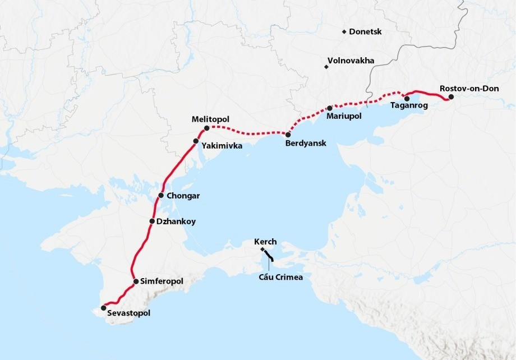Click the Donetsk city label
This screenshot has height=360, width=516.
pyautogui.click(x=365, y=32)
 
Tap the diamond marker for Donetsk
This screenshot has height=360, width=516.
pyautogui.click(x=344, y=32)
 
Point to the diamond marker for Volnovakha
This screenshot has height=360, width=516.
pyautogui.click(x=326, y=67)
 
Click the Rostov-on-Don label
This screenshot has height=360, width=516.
pyautogui.click(x=464, y=89)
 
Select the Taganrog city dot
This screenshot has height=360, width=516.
pyautogui.click(x=407, y=99)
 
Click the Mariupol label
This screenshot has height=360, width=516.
pyautogui.click(x=343, y=116)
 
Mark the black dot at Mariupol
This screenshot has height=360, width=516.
pyautogui.click(x=330, y=108)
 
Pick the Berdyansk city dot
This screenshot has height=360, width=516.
pyautogui.click(x=288, y=135)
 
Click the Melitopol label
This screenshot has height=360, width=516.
pyautogui.click(x=210, y=119)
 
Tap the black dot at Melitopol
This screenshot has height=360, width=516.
pyautogui.click(x=207, y=128)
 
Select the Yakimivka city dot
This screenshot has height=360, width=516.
pyautogui.click(x=196, y=141)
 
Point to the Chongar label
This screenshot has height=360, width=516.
pyautogui.click(x=183, y=196)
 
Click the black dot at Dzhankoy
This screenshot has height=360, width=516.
pyautogui.click(x=152, y=221)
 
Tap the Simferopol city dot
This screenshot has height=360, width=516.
pyautogui.click(x=136, y=281)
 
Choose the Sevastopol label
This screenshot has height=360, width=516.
pyautogui.click(x=128, y=313)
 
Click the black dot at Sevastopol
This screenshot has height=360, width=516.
pyautogui.click(x=103, y=308)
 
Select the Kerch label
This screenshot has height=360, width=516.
pyautogui.click(x=265, y=242)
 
